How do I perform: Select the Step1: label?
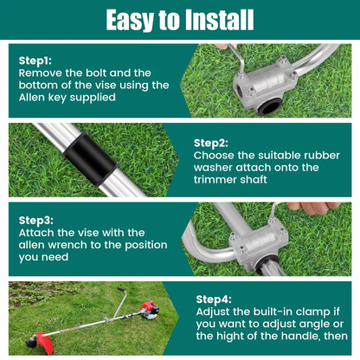point(35,61)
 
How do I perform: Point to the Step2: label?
point(210,143)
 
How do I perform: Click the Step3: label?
point(35,221)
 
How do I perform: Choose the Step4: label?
point(215,298)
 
